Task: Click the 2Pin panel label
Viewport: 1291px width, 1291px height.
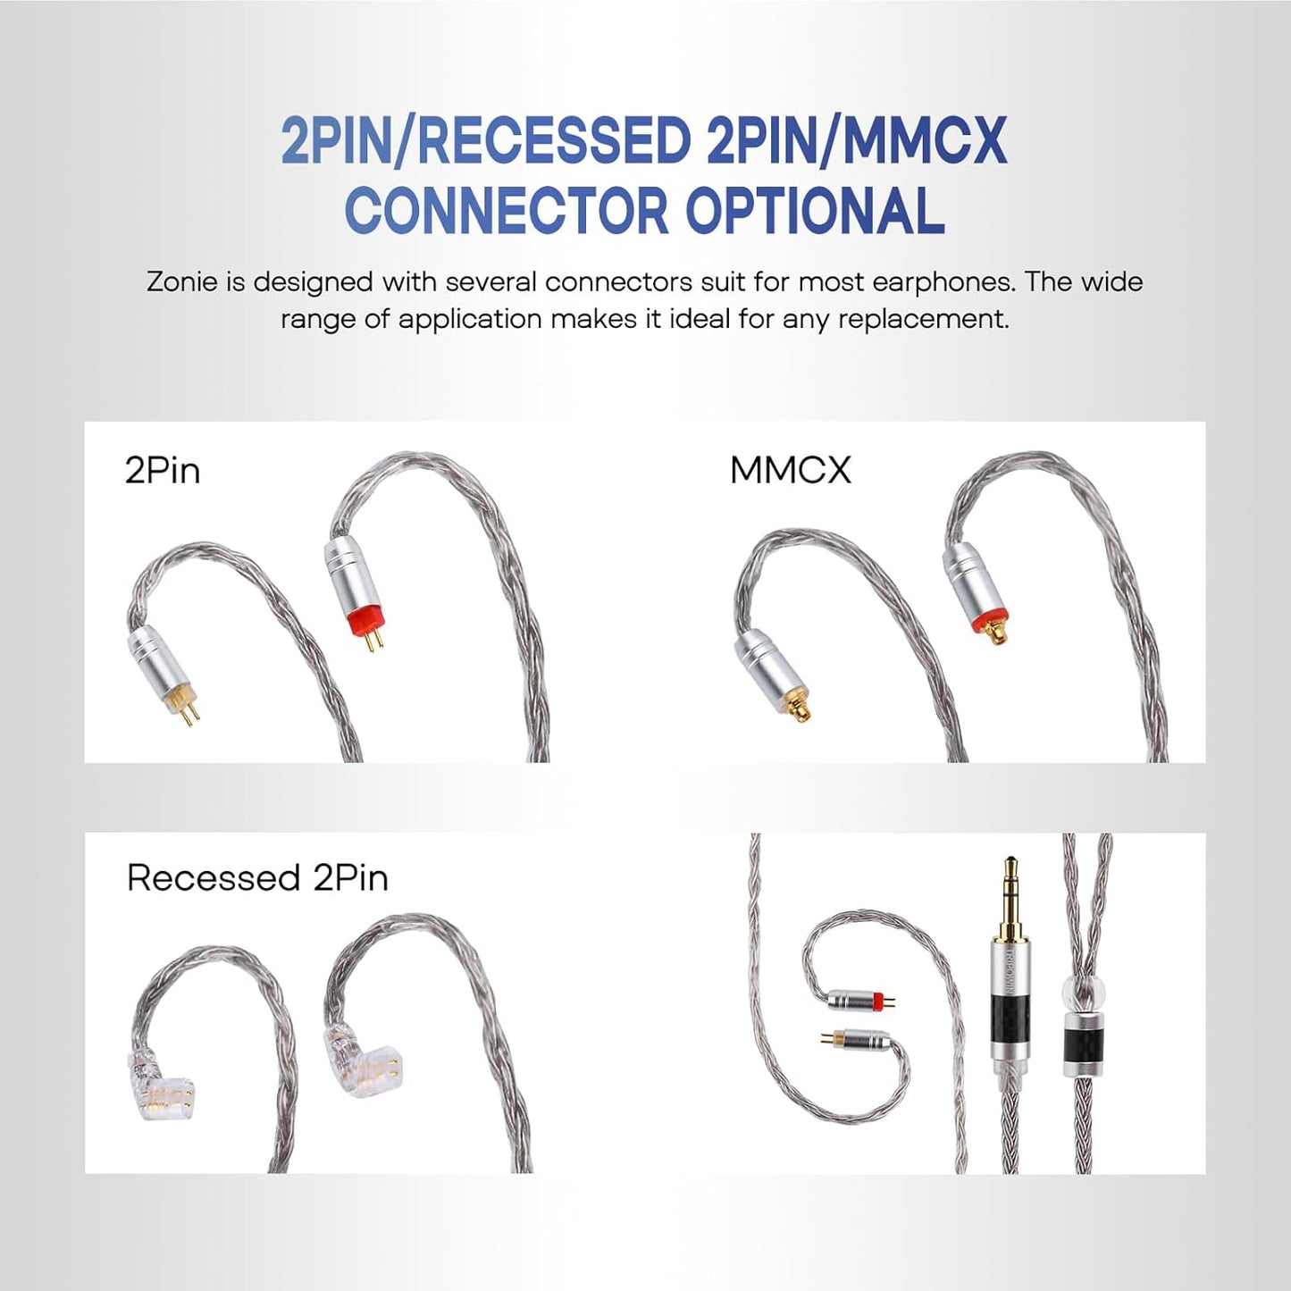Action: [163, 470]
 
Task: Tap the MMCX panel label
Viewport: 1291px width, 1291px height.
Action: [791, 470]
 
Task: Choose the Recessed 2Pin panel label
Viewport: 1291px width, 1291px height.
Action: [257, 877]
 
